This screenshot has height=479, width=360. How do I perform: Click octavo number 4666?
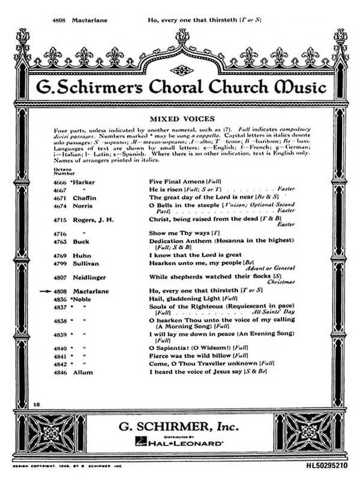[61, 181]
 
